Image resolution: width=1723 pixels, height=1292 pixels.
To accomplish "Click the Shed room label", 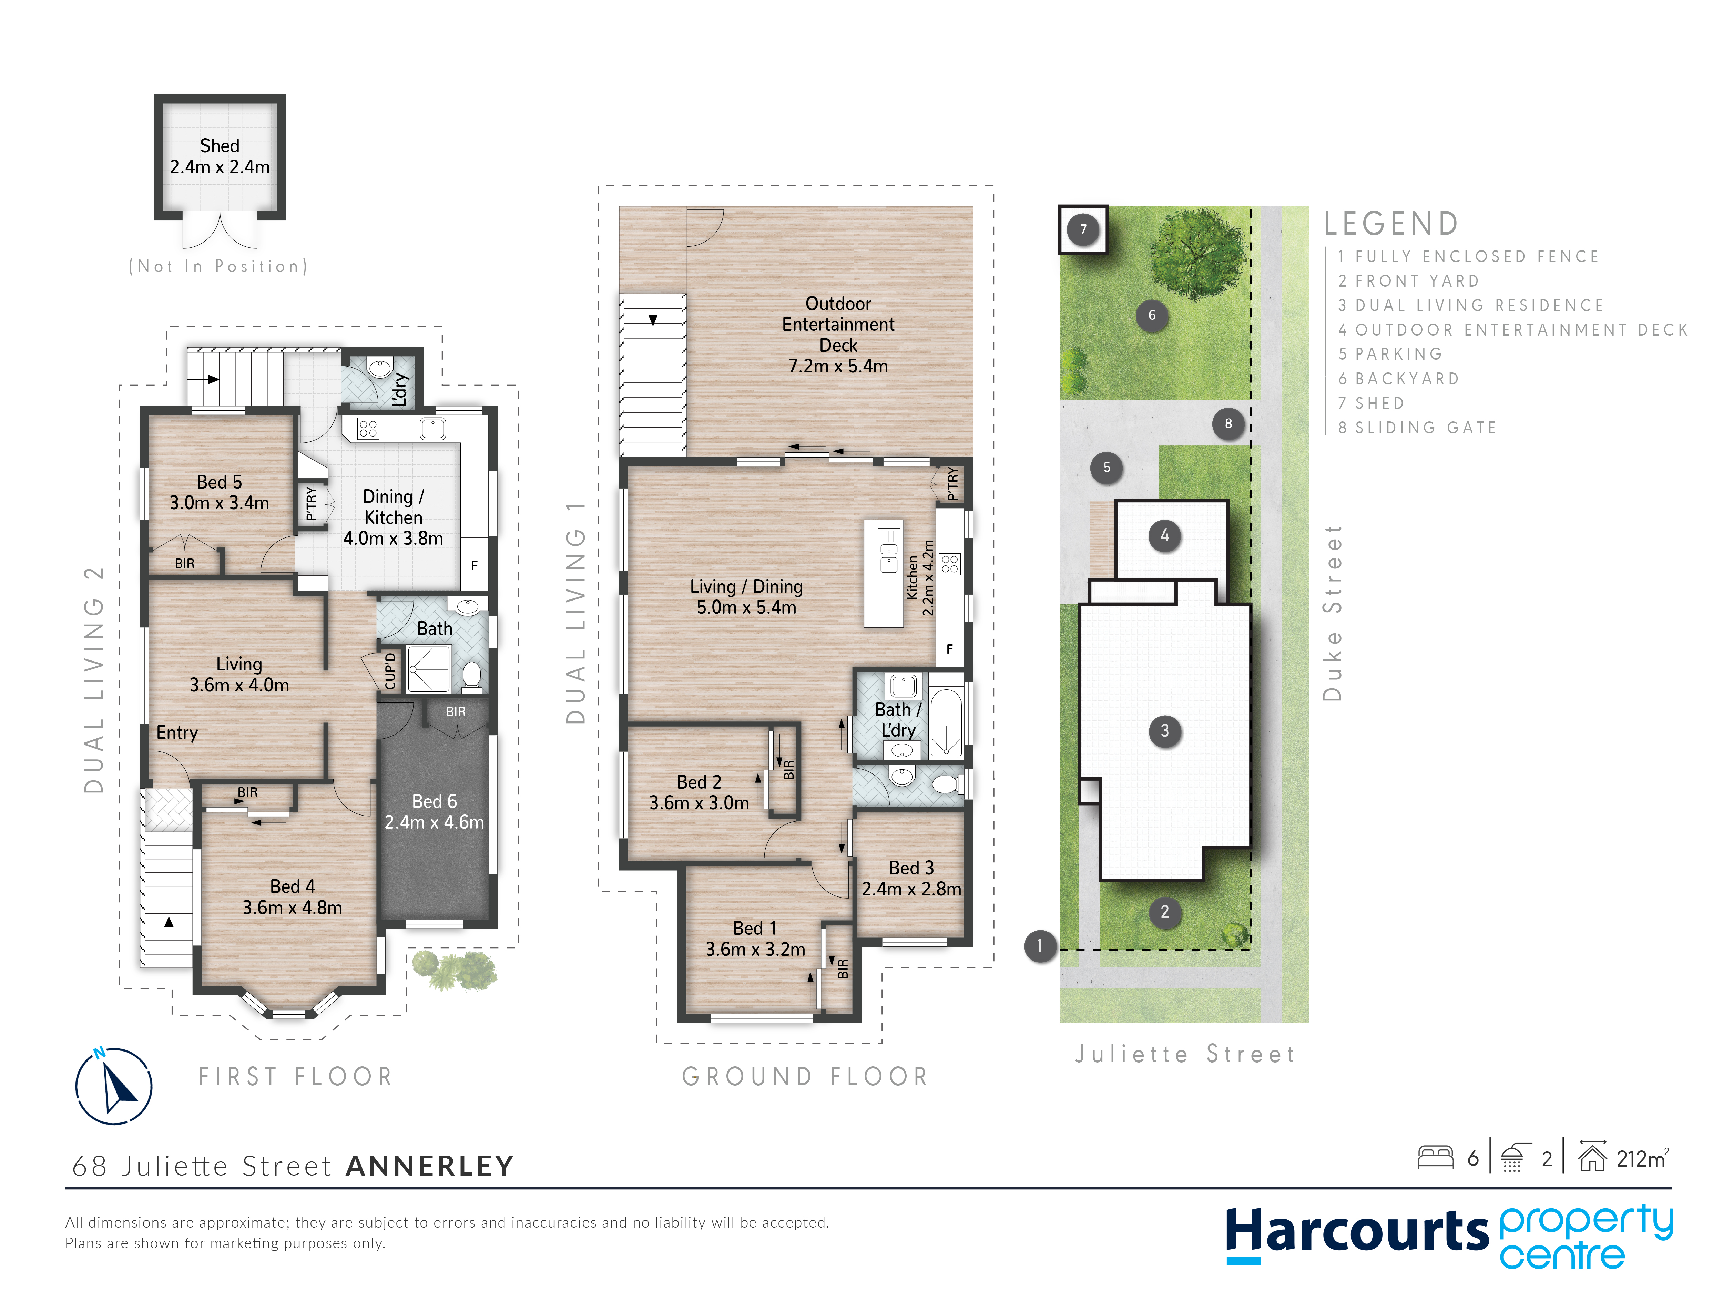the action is click(x=220, y=156).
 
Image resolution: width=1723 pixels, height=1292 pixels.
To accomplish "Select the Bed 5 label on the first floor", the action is click(x=220, y=492).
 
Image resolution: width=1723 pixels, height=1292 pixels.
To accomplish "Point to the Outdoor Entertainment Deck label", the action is click(x=838, y=335).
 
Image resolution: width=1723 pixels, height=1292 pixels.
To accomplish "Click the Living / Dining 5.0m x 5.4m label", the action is click(x=746, y=596).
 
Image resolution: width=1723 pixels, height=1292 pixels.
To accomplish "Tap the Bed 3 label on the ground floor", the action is click(x=911, y=878).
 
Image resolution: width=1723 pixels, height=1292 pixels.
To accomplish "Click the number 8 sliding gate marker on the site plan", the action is click(x=1228, y=424).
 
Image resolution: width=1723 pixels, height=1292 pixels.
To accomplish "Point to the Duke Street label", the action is click(x=1333, y=613).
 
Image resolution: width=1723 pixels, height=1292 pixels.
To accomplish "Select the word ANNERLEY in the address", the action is click(x=430, y=1166).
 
